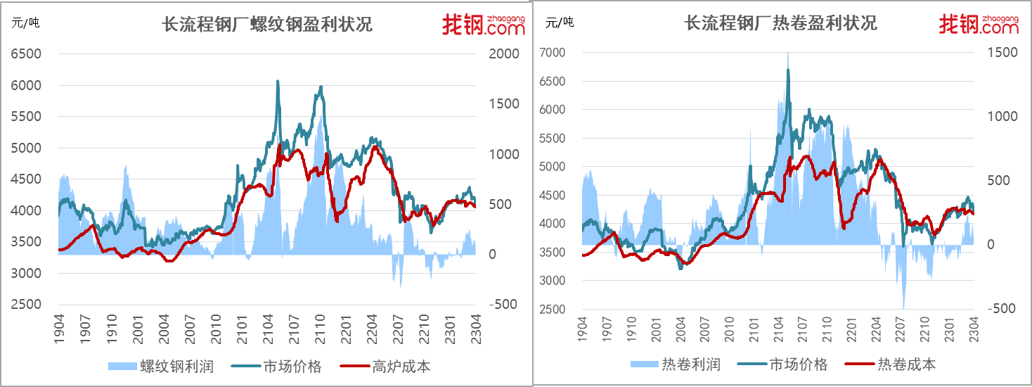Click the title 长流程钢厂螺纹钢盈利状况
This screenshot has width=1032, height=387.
coord(267,25)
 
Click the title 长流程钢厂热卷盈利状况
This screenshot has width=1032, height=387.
coord(780,23)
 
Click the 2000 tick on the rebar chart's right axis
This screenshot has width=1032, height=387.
coord(504,53)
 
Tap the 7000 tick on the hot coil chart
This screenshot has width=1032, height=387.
coord(553,52)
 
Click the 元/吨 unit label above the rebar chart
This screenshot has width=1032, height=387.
coord(25,23)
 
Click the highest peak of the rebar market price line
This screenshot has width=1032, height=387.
coord(278,81)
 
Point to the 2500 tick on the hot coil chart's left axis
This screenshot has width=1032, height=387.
coord(553,309)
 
